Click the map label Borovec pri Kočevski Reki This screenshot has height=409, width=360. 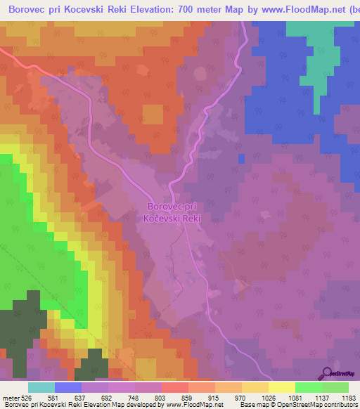(x=172, y=213)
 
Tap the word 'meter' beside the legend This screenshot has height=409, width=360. (x=11, y=397)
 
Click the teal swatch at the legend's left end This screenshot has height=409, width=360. (x=41, y=387)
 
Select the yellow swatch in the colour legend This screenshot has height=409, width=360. (x=282, y=387)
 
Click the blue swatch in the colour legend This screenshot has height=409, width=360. (x=68, y=387)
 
